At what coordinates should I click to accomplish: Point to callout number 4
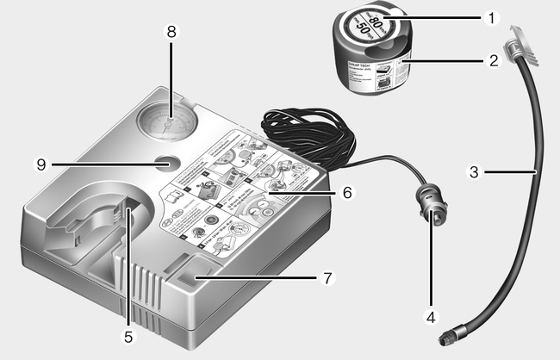point(428,315)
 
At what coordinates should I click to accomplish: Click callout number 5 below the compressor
point(128,337)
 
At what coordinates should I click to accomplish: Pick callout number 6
point(346,194)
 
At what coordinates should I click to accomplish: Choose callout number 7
point(327,278)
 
